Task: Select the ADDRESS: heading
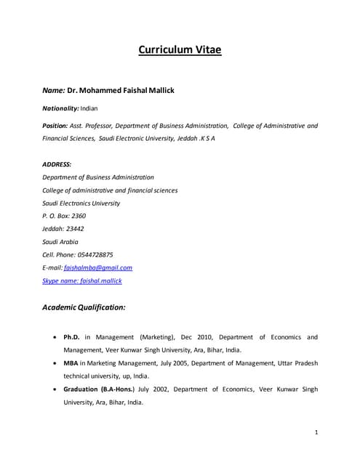57,164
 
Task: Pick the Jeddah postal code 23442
75,229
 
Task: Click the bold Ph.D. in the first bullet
71,337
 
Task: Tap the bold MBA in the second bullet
71,363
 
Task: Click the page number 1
317,432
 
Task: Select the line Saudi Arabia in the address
60,242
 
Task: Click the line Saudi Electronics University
81,203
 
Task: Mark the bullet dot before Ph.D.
57,338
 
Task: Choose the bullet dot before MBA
57,363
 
